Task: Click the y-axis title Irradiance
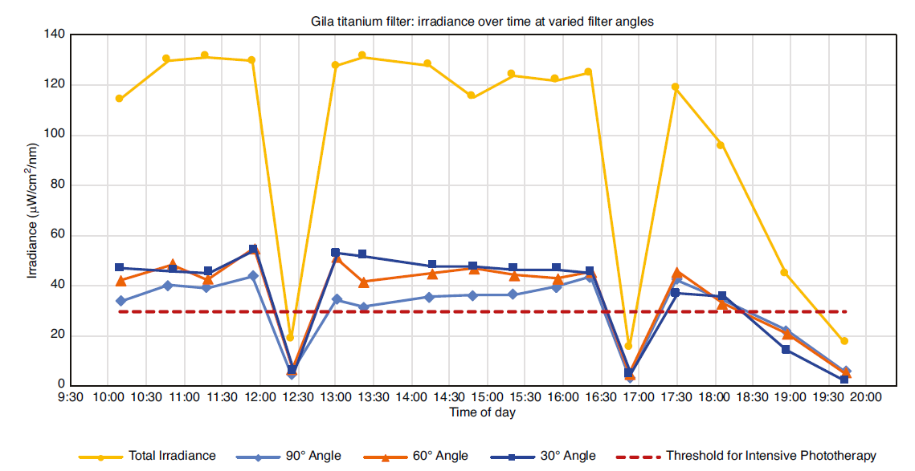click(x=33, y=209)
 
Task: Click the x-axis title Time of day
click(x=482, y=412)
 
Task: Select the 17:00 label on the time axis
click(x=639, y=397)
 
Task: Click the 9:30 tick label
click(x=71, y=397)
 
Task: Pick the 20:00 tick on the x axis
click(x=866, y=397)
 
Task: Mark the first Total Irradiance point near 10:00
click(x=119, y=99)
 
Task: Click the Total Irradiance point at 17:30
click(x=676, y=87)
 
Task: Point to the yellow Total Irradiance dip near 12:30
click(x=290, y=338)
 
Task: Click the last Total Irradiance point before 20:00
click(x=844, y=341)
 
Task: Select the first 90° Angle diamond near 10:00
click(x=121, y=301)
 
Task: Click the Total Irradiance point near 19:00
click(x=785, y=273)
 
